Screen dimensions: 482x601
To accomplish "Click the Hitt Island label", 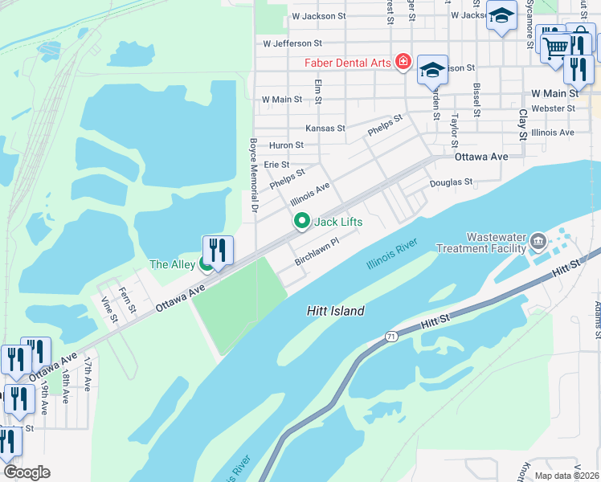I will (335, 311).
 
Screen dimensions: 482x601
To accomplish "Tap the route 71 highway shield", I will (390, 334).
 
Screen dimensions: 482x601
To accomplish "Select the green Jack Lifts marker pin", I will (302, 220).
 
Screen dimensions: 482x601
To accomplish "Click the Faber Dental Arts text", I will (346, 63).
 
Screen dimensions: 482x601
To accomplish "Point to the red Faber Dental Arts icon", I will (402, 63).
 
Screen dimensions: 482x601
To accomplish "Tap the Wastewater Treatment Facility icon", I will (538, 239).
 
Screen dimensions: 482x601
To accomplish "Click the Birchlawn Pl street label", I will (317, 251).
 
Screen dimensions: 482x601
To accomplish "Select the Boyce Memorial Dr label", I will (253, 174).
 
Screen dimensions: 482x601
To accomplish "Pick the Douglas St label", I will (451, 182).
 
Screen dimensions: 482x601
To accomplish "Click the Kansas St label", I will (325, 128).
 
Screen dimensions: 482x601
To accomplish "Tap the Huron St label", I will (286, 145).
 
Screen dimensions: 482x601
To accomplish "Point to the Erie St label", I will (276, 164).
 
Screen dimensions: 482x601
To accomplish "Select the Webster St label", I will (553, 108).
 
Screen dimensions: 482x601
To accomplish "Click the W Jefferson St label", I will (292, 43).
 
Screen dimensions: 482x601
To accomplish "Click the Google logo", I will (27, 472).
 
